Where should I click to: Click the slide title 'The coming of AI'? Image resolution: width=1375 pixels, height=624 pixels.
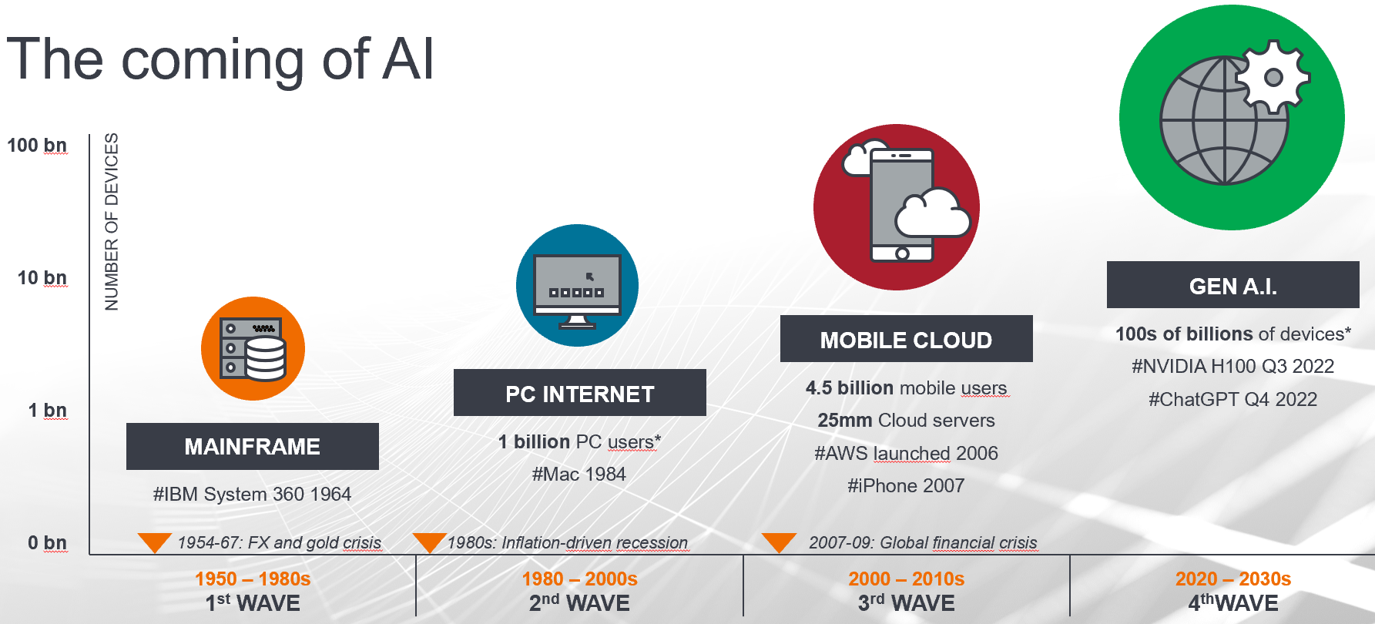[220, 59]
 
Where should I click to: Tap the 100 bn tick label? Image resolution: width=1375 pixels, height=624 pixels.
[37, 146]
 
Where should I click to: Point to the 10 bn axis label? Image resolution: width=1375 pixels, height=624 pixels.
[42, 278]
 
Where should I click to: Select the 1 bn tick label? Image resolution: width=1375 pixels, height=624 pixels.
[48, 411]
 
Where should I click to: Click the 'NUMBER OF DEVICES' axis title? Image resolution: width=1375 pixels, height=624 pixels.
[112, 222]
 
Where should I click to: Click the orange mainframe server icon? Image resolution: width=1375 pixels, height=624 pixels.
[253, 348]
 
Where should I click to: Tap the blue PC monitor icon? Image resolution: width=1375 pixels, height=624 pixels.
[577, 286]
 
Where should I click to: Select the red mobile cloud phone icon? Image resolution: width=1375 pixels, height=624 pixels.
[897, 207]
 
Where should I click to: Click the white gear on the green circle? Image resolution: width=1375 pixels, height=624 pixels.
[1273, 77]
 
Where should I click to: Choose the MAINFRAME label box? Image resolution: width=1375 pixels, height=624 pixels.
[253, 446]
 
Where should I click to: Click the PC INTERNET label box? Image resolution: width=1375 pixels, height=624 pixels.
[580, 393]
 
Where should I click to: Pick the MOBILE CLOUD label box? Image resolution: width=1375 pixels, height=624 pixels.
[907, 339]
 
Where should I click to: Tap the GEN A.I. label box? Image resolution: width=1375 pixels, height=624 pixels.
[1233, 285]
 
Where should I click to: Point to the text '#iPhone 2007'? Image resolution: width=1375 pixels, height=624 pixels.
[906, 486]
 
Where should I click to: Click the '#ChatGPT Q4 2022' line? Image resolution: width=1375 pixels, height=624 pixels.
[1233, 400]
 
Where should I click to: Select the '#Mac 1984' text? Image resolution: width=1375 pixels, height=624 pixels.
[579, 475]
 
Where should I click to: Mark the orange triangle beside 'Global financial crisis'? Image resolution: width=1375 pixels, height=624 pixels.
[779, 542]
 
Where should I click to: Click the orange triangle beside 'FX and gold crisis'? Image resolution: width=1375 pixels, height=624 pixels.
[155, 542]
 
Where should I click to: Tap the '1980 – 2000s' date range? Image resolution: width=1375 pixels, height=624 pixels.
[580, 579]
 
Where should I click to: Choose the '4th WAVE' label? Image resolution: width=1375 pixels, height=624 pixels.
[1233, 603]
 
